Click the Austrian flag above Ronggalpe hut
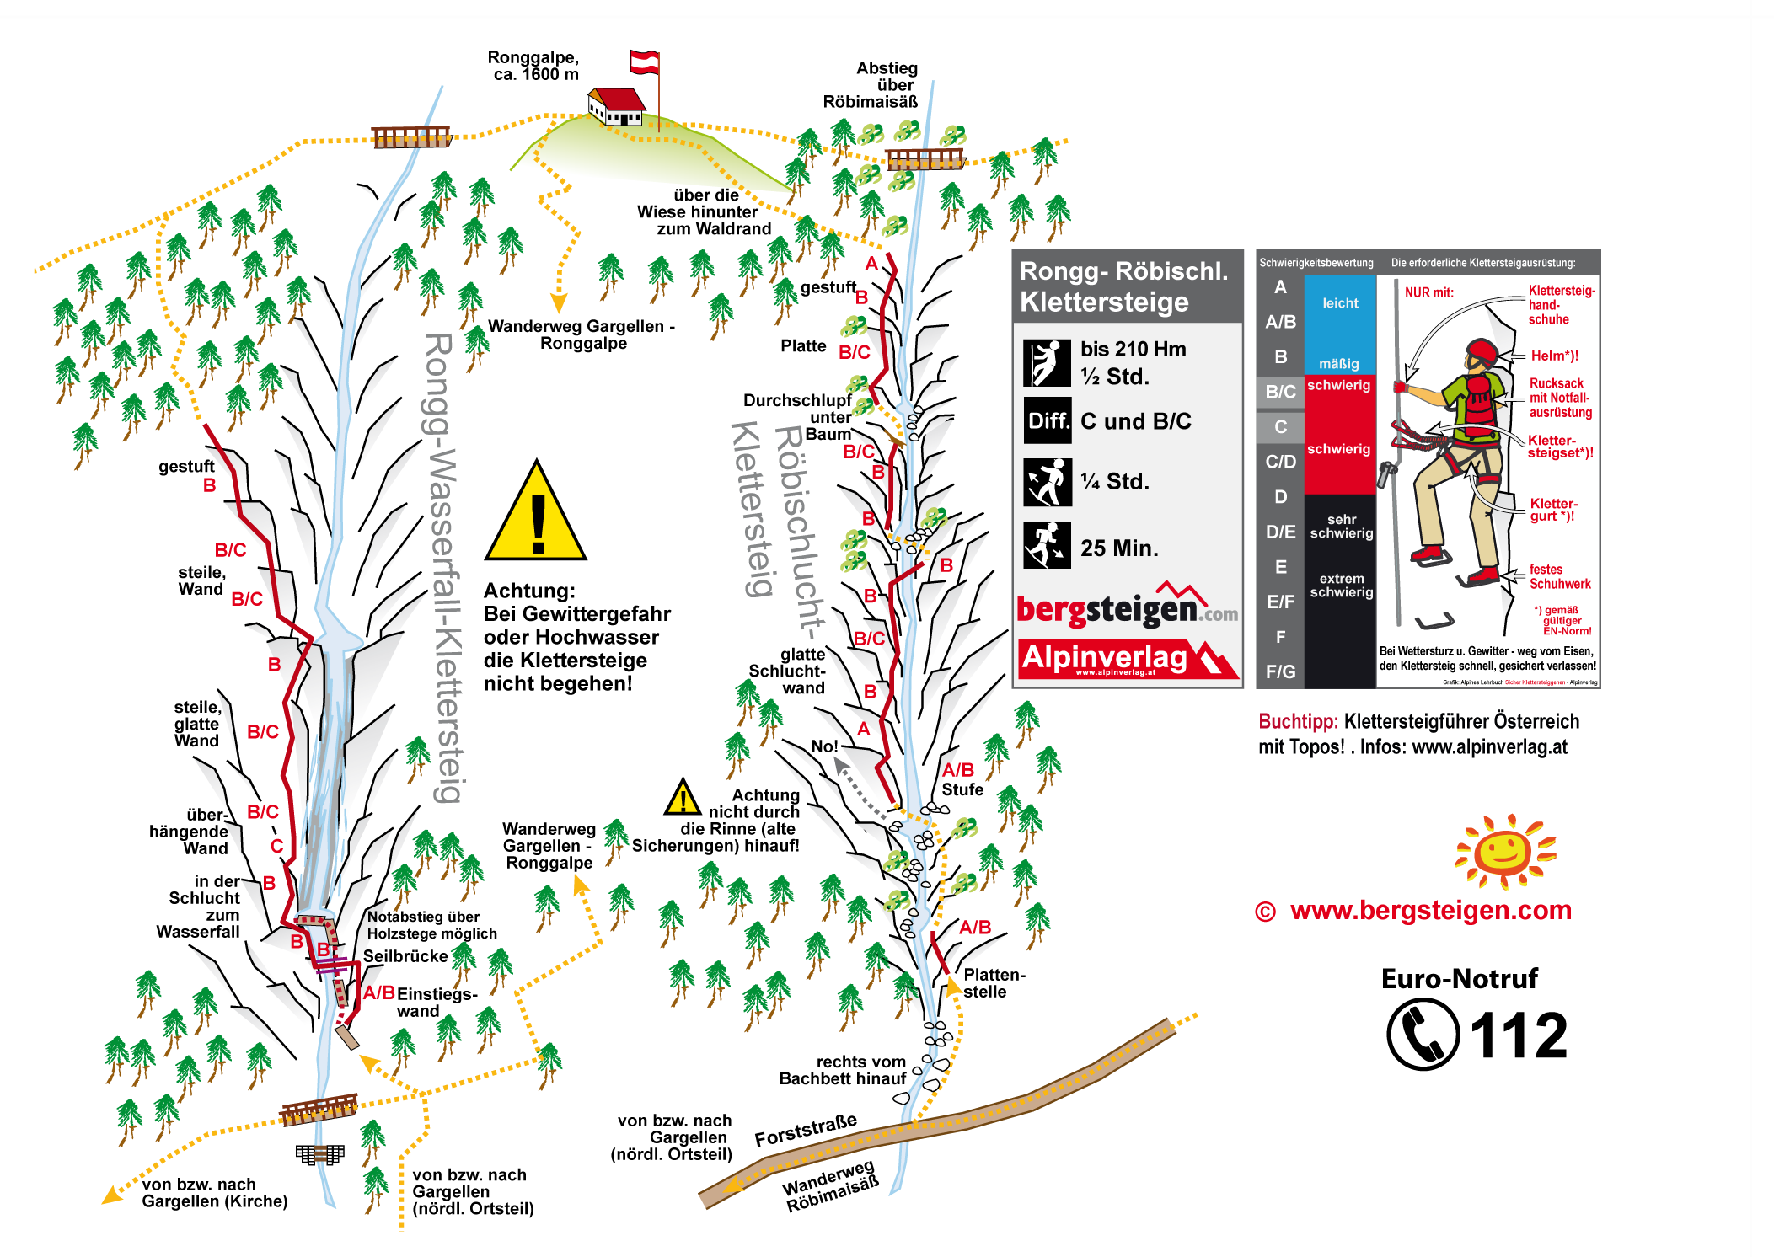point(645,62)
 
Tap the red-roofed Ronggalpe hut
point(616,106)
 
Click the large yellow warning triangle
point(535,514)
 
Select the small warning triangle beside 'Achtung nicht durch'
point(682,797)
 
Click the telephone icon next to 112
point(1423,1034)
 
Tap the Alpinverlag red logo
point(1128,660)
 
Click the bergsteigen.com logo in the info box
point(1128,607)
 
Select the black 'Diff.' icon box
point(1048,420)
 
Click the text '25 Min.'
point(1119,548)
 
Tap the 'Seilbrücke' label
point(405,956)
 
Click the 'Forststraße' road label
point(806,1130)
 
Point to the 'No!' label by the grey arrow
point(824,746)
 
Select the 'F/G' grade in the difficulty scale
point(1280,671)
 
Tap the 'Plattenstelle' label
point(994,983)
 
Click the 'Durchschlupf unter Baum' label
point(797,417)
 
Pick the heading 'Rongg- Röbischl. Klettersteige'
point(1125,286)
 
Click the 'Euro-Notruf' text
point(1459,979)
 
